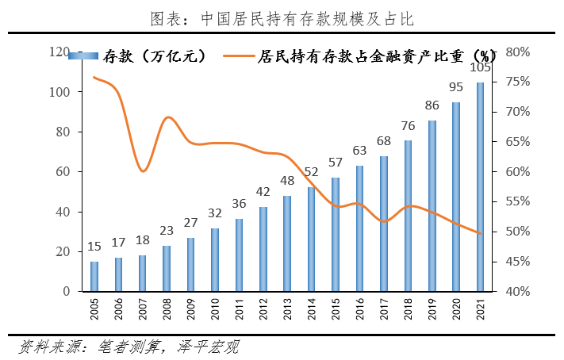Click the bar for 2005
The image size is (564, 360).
click(x=94, y=277)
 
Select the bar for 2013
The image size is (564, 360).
click(x=287, y=243)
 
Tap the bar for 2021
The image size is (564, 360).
click(x=480, y=187)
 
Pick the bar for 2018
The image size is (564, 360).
click(x=408, y=216)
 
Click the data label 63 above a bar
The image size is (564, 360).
click(x=359, y=150)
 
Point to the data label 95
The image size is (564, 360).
click(x=456, y=86)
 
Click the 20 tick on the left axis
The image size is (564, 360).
click(x=65, y=252)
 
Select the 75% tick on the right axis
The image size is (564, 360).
click(x=517, y=82)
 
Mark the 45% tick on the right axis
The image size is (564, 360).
click(x=517, y=262)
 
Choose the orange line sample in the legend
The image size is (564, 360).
click(x=239, y=56)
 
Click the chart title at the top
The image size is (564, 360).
click(x=282, y=17)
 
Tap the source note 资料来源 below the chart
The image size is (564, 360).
click(x=52, y=347)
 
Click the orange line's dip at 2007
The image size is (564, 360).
click(x=143, y=170)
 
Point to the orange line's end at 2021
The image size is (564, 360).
click(x=480, y=233)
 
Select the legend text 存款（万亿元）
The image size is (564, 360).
click(x=154, y=56)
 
